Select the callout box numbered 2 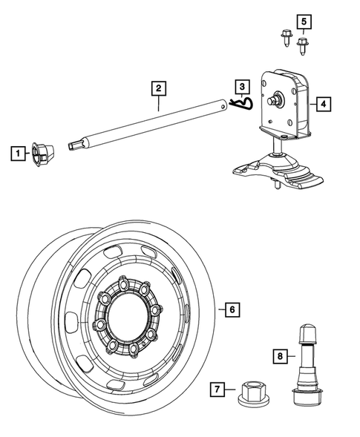click(157, 88)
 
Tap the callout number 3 click(242, 88)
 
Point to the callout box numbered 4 click(324, 104)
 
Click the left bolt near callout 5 click(286, 36)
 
